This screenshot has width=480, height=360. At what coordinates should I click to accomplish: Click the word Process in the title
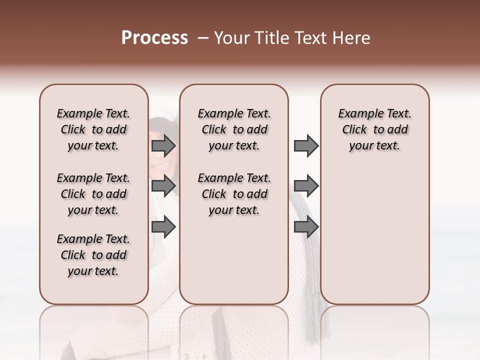tap(154, 38)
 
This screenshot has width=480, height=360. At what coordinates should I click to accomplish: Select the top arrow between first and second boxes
tap(163, 146)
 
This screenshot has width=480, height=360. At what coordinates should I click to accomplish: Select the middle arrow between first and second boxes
tap(163, 186)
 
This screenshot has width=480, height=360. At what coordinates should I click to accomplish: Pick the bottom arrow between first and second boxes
tap(163, 227)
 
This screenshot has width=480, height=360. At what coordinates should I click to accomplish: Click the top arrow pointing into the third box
tap(306, 146)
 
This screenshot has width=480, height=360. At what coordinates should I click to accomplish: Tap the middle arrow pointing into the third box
tap(306, 186)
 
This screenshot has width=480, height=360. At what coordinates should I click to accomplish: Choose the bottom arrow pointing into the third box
tap(306, 227)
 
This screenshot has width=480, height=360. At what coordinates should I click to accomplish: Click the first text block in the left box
tap(93, 129)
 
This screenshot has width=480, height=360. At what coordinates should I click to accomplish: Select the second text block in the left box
tap(93, 194)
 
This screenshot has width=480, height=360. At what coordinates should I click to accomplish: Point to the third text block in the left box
tap(93, 255)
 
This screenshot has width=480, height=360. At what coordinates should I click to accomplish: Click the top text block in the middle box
tap(234, 129)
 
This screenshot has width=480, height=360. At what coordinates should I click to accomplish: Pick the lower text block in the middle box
tap(234, 194)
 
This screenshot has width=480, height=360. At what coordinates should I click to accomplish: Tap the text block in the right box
tap(374, 129)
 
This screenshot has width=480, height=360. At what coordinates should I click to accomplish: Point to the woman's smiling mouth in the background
tap(162, 164)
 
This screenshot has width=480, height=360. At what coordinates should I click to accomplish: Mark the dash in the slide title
tap(203, 38)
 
